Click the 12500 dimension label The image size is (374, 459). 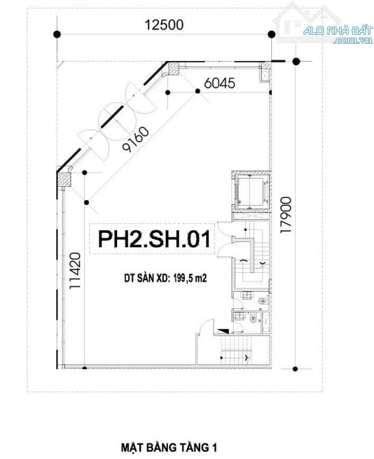pos(164,25)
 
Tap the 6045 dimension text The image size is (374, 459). pos(219,84)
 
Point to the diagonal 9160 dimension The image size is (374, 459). pos(136,139)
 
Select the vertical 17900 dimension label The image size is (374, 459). pos(286,215)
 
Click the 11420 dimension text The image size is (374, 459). pos(75,271)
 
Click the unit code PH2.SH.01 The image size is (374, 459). pos(154,239)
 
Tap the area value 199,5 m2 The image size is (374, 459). pos(190,278)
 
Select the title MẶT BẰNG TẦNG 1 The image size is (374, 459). pos(169,447)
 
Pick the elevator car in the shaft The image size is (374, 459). pos(251,192)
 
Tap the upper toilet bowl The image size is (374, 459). pos(262,301)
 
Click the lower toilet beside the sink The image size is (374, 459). pos(253,319)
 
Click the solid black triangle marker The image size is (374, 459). pos(223,331)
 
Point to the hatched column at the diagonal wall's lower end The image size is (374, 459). pos(64,179)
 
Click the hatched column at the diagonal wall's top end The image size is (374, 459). pos(174,69)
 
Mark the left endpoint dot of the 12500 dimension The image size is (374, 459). pos(57,34)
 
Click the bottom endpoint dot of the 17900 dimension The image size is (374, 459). pos(295,369)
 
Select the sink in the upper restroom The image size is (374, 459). pos(247,295)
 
